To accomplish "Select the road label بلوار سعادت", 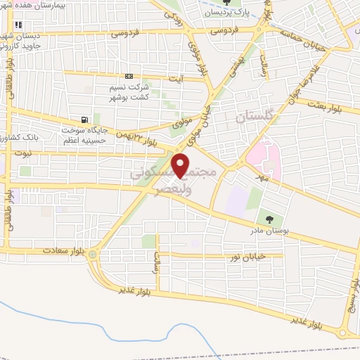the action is pos(63,250).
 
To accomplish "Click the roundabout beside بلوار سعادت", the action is pos(93,255).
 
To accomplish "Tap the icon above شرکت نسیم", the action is pos(129,76).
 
